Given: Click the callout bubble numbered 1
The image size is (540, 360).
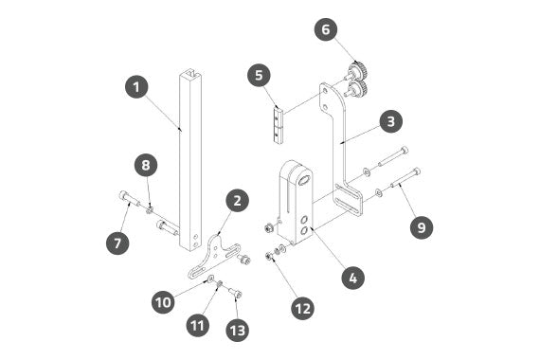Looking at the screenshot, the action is coord(136,87).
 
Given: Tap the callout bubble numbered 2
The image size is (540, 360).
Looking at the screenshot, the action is coord(237,201).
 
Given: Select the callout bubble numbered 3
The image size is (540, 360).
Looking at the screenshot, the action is coord(391,121).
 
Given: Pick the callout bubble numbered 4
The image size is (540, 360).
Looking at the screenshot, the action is coord(353,278).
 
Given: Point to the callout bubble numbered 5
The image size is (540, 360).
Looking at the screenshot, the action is coord(259,75).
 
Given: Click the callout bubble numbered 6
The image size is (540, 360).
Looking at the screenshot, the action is coord(326,29).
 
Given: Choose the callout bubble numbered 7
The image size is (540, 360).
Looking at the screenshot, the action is coord(117,243).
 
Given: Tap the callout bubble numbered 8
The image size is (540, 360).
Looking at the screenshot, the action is coord(146,165).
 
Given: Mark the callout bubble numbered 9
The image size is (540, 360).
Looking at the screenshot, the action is coord(422,227).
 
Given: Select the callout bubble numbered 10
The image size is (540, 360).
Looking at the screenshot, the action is coord(163,302).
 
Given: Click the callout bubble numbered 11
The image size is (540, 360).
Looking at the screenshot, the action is coord(198,325).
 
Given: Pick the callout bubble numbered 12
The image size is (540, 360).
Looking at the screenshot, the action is coord(303,308).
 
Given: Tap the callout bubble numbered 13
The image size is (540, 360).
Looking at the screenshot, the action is coord(237,331).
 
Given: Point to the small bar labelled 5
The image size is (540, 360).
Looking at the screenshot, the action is coord(278,126).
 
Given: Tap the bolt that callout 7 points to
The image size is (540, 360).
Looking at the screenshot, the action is coord(130,198).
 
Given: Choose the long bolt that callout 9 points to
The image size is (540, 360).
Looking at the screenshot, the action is coord(405,178).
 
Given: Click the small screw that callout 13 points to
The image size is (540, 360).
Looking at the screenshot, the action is coord(236,294).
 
